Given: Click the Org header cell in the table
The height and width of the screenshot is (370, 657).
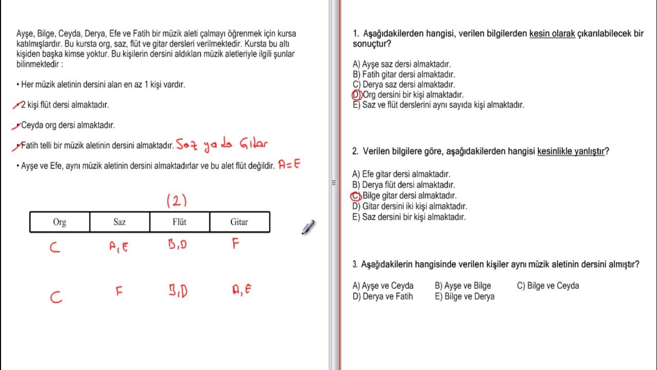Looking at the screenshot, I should tap(60, 222).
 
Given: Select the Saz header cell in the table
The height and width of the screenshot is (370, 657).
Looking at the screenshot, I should tap(120, 222).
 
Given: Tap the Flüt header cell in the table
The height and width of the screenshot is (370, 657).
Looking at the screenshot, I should tap(179, 222).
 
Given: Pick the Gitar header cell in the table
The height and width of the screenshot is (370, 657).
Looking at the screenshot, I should tap(239, 222).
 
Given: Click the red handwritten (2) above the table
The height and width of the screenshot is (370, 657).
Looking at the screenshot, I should tap(177, 201).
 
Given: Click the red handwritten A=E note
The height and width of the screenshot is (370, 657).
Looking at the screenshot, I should tap(289, 165).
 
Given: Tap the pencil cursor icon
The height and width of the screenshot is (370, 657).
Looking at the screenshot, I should tap(308, 228).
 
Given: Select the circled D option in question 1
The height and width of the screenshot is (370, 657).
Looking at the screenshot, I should tap(357, 95).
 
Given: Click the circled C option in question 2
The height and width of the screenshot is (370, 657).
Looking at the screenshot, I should tap(356, 196).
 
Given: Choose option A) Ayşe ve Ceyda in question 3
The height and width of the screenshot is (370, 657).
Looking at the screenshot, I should tap(383, 286).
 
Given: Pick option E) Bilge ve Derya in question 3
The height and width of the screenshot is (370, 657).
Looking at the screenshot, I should tap(465, 297).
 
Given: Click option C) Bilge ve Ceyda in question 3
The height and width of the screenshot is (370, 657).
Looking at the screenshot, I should tap(548, 286).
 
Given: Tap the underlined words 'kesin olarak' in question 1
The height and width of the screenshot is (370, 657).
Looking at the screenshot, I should tap(552, 34).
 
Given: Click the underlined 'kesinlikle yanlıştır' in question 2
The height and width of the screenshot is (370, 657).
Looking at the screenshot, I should tap(571, 152).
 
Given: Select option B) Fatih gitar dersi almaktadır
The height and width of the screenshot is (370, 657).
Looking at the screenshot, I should tap(404, 75).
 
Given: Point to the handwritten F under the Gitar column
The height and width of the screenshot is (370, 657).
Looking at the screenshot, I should tap(236, 244).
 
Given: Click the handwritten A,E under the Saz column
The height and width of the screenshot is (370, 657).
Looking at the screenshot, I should tap(119, 247).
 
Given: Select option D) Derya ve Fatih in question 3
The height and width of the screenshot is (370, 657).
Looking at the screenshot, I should tap(382, 297).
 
